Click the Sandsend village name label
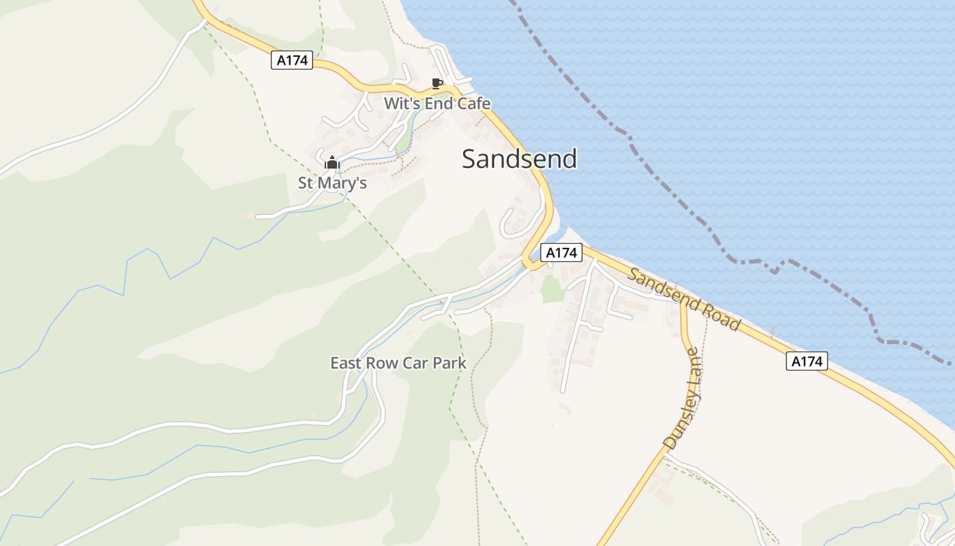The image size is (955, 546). (x=519, y=158)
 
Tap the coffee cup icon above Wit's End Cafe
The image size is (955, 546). (x=437, y=84)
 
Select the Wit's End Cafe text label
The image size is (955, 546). (x=437, y=104)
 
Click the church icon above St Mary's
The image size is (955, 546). (x=332, y=163)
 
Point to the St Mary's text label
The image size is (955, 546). (x=332, y=183)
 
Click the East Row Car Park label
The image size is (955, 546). (x=398, y=362)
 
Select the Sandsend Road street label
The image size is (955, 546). (x=684, y=299)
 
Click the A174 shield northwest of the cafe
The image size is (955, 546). (x=292, y=60)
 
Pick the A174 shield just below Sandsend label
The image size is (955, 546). (x=561, y=253)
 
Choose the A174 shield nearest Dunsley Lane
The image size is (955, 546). (x=806, y=361)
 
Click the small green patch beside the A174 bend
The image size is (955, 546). (x=553, y=289)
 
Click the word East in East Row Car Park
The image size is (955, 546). (x=347, y=362)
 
